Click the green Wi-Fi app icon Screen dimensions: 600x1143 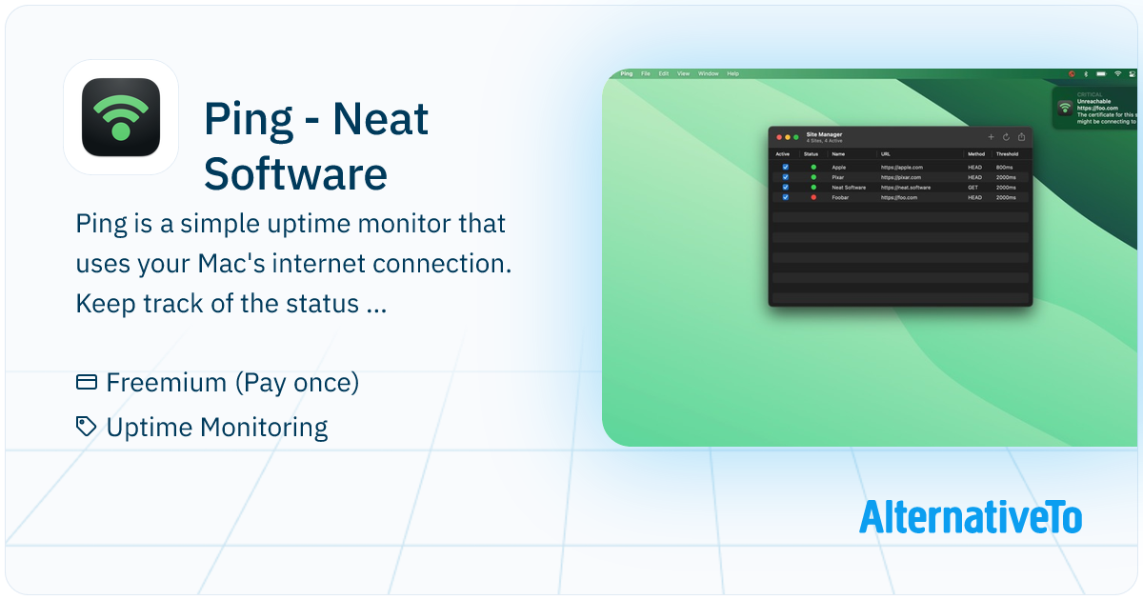click(121, 117)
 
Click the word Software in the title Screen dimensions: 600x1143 click(295, 174)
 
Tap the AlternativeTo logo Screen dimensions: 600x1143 click(970, 516)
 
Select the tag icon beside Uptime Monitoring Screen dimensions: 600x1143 click(87, 427)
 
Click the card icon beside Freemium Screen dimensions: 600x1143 click(87, 383)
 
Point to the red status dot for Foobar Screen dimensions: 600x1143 click(813, 197)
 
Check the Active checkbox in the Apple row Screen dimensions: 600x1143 click(785, 167)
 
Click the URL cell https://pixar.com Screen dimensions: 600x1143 click(900, 177)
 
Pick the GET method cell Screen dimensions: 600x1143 click(973, 188)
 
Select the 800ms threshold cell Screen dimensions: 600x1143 click(1005, 167)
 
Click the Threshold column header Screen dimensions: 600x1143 click(1007, 153)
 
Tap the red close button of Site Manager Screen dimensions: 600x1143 click(779, 138)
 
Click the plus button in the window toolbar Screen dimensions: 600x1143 click(991, 137)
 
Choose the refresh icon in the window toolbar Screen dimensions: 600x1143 click(1006, 137)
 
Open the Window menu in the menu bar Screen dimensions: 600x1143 click(708, 73)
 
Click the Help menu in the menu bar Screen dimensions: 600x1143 click(732, 73)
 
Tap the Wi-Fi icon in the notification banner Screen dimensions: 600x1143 click(1065, 107)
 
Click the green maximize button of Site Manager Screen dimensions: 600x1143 click(796, 138)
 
